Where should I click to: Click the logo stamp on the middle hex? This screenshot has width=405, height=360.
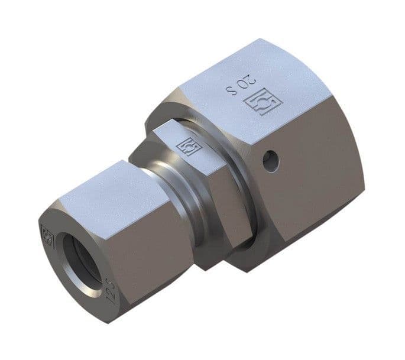pyautogui.click(x=188, y=145)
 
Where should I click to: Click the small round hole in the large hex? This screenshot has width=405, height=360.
pyautogui.click(x=271, y=161)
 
